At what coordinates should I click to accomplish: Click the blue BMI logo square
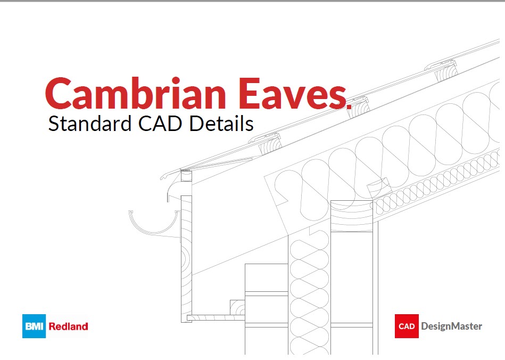pos(35,326)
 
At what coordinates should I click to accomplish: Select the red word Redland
pos(68,326)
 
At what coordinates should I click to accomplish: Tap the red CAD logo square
pos(407,326)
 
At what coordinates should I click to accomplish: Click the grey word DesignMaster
pos(451,326)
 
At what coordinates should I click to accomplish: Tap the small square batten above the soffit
pos(237,308)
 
